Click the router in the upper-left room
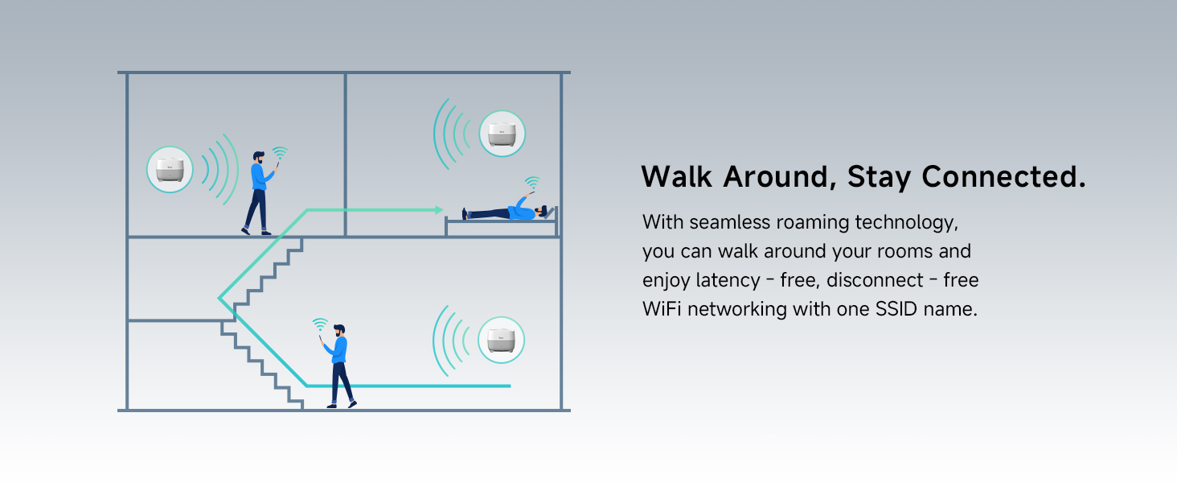(170, 170)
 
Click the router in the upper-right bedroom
(502, 134)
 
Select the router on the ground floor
(500, 340)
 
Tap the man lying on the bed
(506, 213)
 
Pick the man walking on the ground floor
(339, 366)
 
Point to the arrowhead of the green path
(438, 210)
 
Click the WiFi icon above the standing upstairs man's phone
(280, 152)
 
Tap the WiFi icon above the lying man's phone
(531, 182)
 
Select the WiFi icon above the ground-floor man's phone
(320, 324)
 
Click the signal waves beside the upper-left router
(219, 169)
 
